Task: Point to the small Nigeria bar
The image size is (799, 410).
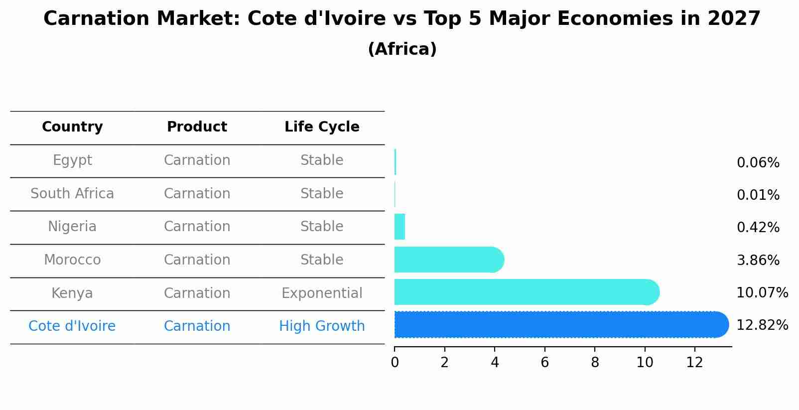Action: tap(399, 227)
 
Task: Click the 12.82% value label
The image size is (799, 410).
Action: tap(762, 325)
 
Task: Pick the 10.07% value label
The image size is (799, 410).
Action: tap(762, 293)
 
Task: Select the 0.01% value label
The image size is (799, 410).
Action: tap(758, 195)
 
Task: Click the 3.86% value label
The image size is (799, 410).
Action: tap(758, 261)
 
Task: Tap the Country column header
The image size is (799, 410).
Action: tap(72, 127)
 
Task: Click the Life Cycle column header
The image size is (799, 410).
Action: tap(322, 127)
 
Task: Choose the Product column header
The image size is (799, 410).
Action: tap(197, 127)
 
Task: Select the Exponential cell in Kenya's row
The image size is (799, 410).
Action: tap(322, 293)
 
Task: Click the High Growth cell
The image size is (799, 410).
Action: tap(322, 326)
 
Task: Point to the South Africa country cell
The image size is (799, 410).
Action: tap(72, 194)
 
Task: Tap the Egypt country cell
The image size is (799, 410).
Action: tap(72, 160)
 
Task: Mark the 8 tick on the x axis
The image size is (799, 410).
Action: tap(595, 363)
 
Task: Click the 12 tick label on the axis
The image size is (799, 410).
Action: tap(694, 363)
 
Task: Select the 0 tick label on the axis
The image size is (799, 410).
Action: tap(395, 363)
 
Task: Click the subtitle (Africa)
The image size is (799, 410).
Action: tap(402, 49)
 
